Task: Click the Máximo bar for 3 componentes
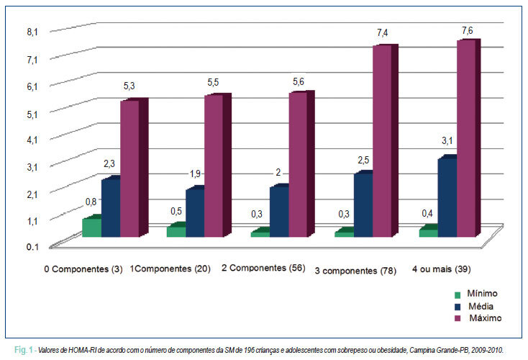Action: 385,140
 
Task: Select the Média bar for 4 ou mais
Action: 447,198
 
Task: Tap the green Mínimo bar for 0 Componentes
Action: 92,228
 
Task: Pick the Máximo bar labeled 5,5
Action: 217,165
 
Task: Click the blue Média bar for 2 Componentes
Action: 279,212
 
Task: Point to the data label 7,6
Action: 467,31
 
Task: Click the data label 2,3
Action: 109,164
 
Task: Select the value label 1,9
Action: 195,174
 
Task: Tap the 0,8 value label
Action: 91,202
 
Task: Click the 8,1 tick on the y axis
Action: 32,32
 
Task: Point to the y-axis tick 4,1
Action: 32,140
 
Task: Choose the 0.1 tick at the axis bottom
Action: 32,247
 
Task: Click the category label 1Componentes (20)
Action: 170,269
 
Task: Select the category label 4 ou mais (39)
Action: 442,269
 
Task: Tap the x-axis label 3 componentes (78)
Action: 355,271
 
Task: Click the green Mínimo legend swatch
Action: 458,295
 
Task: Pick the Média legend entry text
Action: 481,307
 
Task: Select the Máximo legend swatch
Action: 458,318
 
